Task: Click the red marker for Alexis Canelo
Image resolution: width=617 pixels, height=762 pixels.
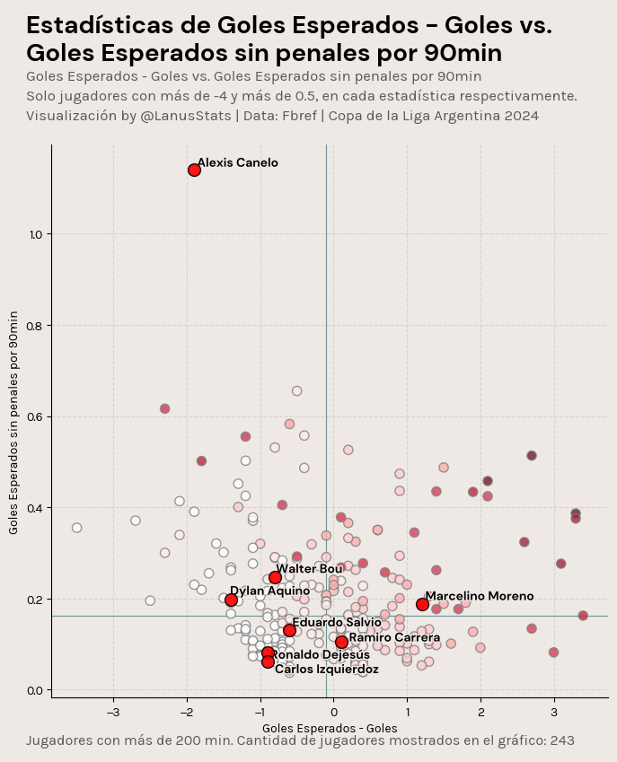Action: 194,170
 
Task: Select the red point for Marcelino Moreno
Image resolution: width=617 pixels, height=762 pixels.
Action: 422,604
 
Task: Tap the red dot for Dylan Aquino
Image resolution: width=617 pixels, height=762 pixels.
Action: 231,600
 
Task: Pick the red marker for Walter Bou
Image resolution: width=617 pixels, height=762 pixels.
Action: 275,577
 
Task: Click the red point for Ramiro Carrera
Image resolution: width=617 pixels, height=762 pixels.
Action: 341,642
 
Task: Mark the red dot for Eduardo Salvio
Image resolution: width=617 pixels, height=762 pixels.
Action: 289,630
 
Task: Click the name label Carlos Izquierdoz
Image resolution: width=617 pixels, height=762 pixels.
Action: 326,670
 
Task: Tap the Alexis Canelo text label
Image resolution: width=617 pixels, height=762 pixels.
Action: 237,162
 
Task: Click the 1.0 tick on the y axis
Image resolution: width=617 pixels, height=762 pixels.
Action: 36,234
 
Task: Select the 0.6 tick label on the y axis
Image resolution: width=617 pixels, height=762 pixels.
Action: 36,416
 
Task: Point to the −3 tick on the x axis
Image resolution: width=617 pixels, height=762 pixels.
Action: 113,712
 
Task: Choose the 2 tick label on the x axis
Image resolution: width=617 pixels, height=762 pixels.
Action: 480,712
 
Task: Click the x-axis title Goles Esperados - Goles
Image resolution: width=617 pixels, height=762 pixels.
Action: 330,727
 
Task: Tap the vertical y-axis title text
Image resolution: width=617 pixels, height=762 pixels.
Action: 13,422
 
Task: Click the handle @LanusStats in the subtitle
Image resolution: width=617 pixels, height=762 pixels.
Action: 186,116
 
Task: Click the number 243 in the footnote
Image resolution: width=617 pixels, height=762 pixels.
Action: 561,740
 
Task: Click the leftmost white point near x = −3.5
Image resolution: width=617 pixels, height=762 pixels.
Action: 76,528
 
